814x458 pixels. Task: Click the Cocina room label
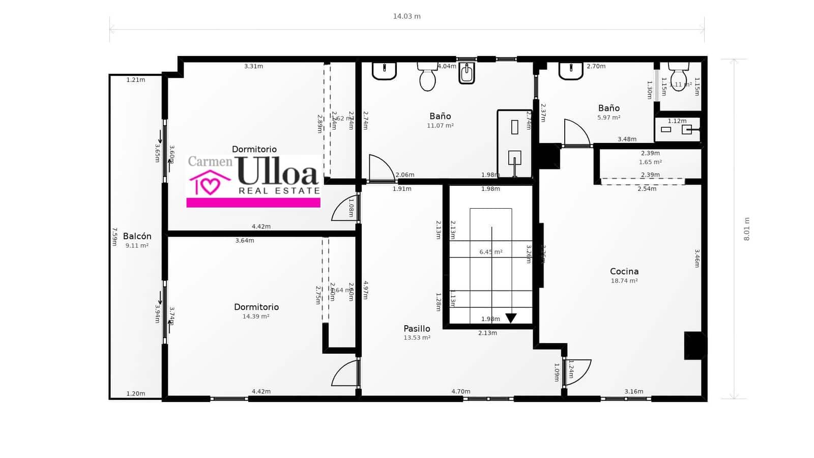(x=624, y=271)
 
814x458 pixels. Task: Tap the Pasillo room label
(x=417, y=328)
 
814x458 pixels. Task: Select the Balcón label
(x=137, y=236)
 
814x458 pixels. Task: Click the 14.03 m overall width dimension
(x=406, y=16)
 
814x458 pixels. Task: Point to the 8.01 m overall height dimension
(x=746, y=229)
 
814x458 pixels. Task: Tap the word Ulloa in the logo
(x=278, y=171)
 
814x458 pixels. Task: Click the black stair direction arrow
(x=511, y=318)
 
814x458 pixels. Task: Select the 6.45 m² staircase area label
(x=491, y=252)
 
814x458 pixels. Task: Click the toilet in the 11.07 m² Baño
(x=427, y=77)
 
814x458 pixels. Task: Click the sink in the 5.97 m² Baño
(x=571, y=71)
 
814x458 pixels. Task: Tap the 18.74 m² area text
(x=624, y=281)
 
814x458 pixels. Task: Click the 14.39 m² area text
(x=256, y=317)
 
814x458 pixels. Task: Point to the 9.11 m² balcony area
(x=137, y=246)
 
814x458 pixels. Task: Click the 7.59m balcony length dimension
(x=115, y=237)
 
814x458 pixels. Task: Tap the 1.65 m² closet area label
(x=650, y=162)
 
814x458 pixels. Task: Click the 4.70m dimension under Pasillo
(x=461, y=391)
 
